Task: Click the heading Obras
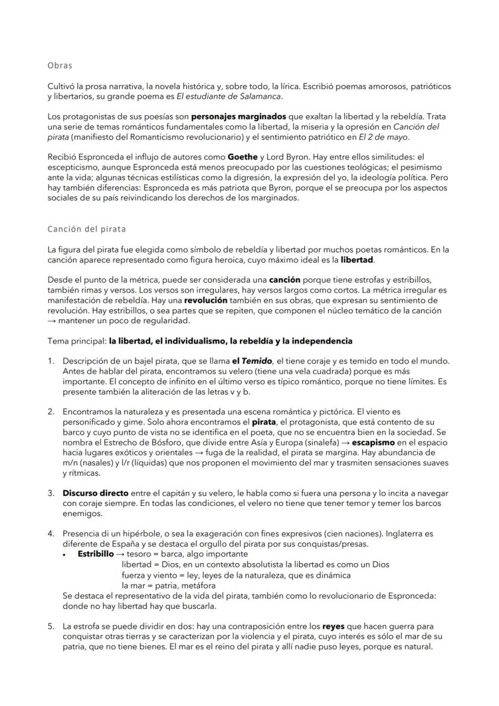(x=60, y=65)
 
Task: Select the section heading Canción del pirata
(x=87, y=229)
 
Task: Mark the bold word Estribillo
(x=95, y=554)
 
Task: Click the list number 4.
(x=51, y=534)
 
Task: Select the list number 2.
(x=51, y=412)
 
